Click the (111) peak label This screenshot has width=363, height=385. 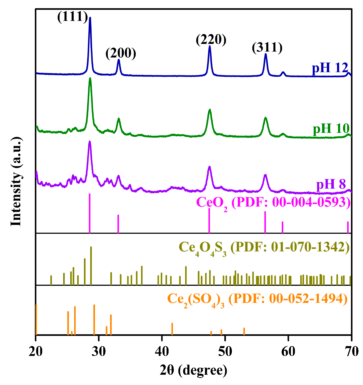point(73,17)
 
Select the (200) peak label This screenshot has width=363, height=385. point(121,53)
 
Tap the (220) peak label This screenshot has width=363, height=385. point(211,40)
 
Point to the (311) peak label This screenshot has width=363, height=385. point(267,47)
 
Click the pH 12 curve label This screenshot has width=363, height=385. point(330,68)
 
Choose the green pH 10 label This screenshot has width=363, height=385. point(331,129)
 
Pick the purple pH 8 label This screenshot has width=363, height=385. point(331,184)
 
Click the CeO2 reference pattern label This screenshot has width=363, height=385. point(273,203)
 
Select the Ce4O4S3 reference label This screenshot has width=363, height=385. point(264,248)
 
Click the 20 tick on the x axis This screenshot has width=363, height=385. point(36,351)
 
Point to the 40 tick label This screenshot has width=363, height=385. point(162,351)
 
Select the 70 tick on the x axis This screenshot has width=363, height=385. point(351,351)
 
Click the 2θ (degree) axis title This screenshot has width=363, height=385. point(193,370)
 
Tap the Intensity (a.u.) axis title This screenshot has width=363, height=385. point(16,181)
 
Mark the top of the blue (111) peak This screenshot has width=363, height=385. point(90,18)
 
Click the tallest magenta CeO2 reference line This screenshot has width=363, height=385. point(90,213)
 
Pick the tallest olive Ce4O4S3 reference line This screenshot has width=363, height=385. point(91,266)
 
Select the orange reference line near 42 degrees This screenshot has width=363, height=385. point(172,329)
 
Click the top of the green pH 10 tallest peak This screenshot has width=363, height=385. point(90,79)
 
